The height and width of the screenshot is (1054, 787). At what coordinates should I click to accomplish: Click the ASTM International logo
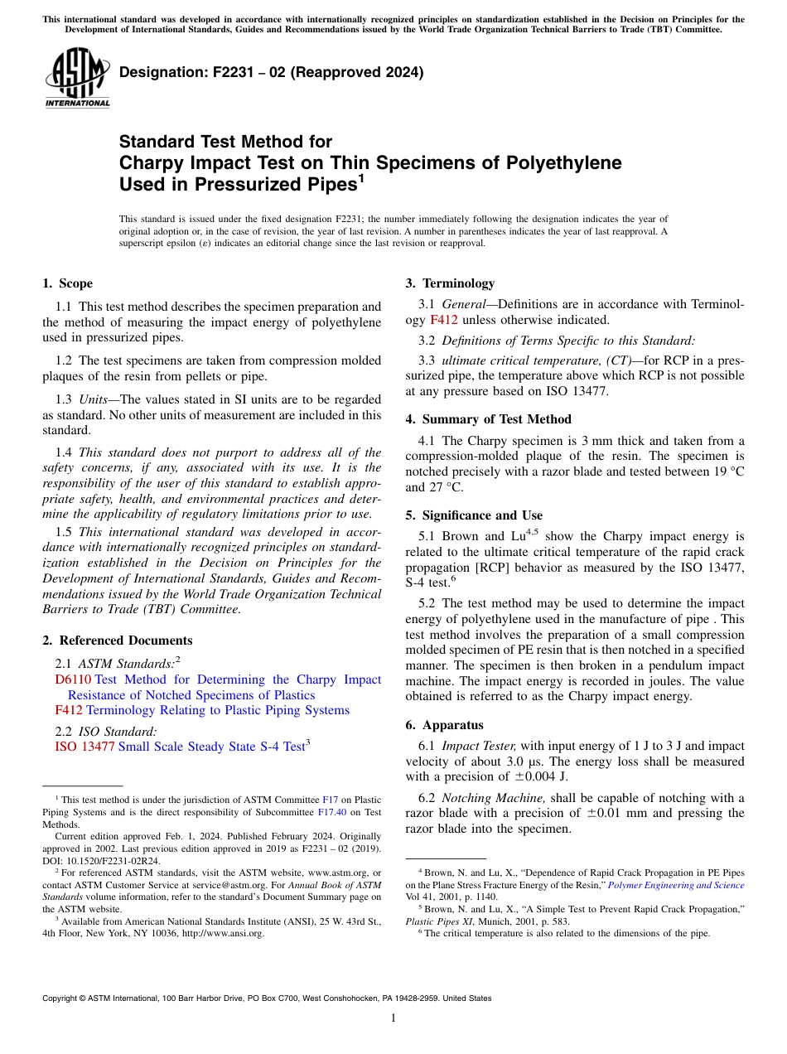(x=78, y=78)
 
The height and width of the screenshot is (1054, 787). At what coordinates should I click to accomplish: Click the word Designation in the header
(x=160, y=72)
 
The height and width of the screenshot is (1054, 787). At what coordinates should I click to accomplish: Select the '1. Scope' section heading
(x=67, y=283)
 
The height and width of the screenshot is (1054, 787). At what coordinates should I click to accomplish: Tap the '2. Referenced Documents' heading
(x=117, y=641)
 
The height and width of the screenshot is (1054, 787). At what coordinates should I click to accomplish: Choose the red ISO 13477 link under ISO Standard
(x=84, y=747)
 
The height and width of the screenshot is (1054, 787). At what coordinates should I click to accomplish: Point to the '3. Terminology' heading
(x=450, y=283)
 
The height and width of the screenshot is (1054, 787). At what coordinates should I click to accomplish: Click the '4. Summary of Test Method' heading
(x=488, y=419)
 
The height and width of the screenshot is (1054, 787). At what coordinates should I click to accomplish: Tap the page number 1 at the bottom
(x=393, y=1018)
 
